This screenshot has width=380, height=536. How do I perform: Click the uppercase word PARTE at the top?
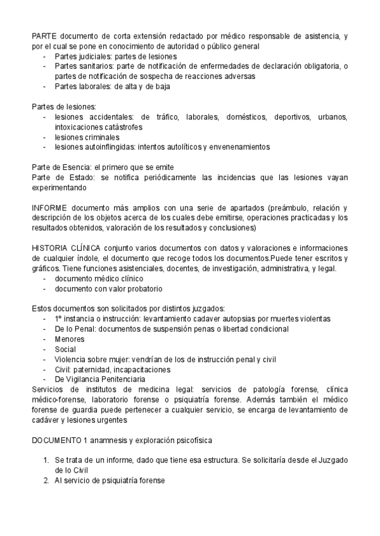pyautogui.click(x=44, y=36)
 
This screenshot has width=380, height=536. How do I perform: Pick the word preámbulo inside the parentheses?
pyautogui.click(x=291, y=208)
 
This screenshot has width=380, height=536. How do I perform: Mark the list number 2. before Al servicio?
pyautogui.click(x=46, y=481)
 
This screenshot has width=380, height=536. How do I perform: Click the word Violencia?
pyautogui.click(x=72, y=360)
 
